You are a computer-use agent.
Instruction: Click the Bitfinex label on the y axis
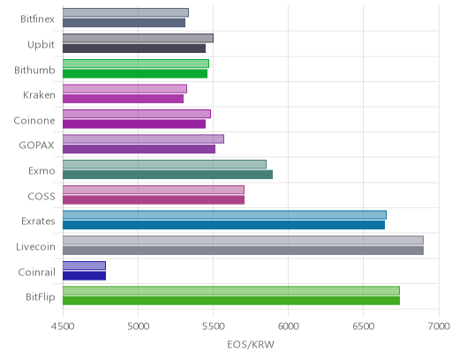37,19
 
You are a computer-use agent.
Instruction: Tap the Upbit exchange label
41,45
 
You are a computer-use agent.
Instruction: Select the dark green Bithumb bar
135,74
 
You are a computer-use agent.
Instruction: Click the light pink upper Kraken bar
124,89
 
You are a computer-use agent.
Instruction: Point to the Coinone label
34,121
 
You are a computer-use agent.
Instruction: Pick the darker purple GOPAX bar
139,149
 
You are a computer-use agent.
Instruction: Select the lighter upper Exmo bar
164,164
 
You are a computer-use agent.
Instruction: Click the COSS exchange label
41,197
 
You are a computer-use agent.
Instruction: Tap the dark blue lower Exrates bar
223,225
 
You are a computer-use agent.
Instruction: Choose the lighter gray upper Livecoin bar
243,240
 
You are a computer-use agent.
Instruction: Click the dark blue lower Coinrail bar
84,276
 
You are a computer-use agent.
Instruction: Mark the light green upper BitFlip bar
231,290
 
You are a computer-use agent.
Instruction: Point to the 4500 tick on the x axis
63,326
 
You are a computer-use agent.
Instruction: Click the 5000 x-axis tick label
139,326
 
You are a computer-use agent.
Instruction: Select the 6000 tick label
289,326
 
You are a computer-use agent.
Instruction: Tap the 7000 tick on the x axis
439,326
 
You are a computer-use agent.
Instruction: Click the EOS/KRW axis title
251,344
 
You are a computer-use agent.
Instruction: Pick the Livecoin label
35,247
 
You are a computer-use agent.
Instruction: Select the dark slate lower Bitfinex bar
124,23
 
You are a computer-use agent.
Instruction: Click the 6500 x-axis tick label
364,326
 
